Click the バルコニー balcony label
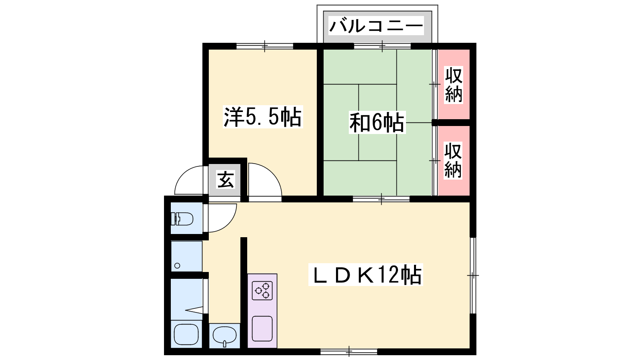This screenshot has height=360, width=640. click(x=376, y=26)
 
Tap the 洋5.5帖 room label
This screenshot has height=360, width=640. click(x=262, y=117)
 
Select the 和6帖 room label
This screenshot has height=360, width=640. click(x=377, y=123)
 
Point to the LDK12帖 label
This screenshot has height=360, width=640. click(x=366, y=275)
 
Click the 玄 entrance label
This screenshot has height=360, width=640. click(x=226, y=180)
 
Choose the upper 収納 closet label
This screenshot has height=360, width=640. click(x=454, y=85)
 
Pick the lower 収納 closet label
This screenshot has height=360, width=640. click(x=453, y=161)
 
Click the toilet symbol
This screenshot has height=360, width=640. click(x=182, y=219)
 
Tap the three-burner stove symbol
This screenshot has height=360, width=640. click(x=262, y=290)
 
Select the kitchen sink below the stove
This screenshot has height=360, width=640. click(x=262, y=328)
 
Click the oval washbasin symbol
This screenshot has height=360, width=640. click(x=224, y=336)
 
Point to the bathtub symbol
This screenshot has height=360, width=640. click(x=186, y=334)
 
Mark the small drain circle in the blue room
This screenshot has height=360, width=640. click(x=177, y=266)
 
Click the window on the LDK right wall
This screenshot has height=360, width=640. click(x=473, y=276)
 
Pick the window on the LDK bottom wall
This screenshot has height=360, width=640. click(x=349, y=352)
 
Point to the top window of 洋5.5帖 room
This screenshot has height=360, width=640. click(x=265, y=46)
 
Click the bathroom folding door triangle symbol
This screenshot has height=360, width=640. click(x=194, y=310)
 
